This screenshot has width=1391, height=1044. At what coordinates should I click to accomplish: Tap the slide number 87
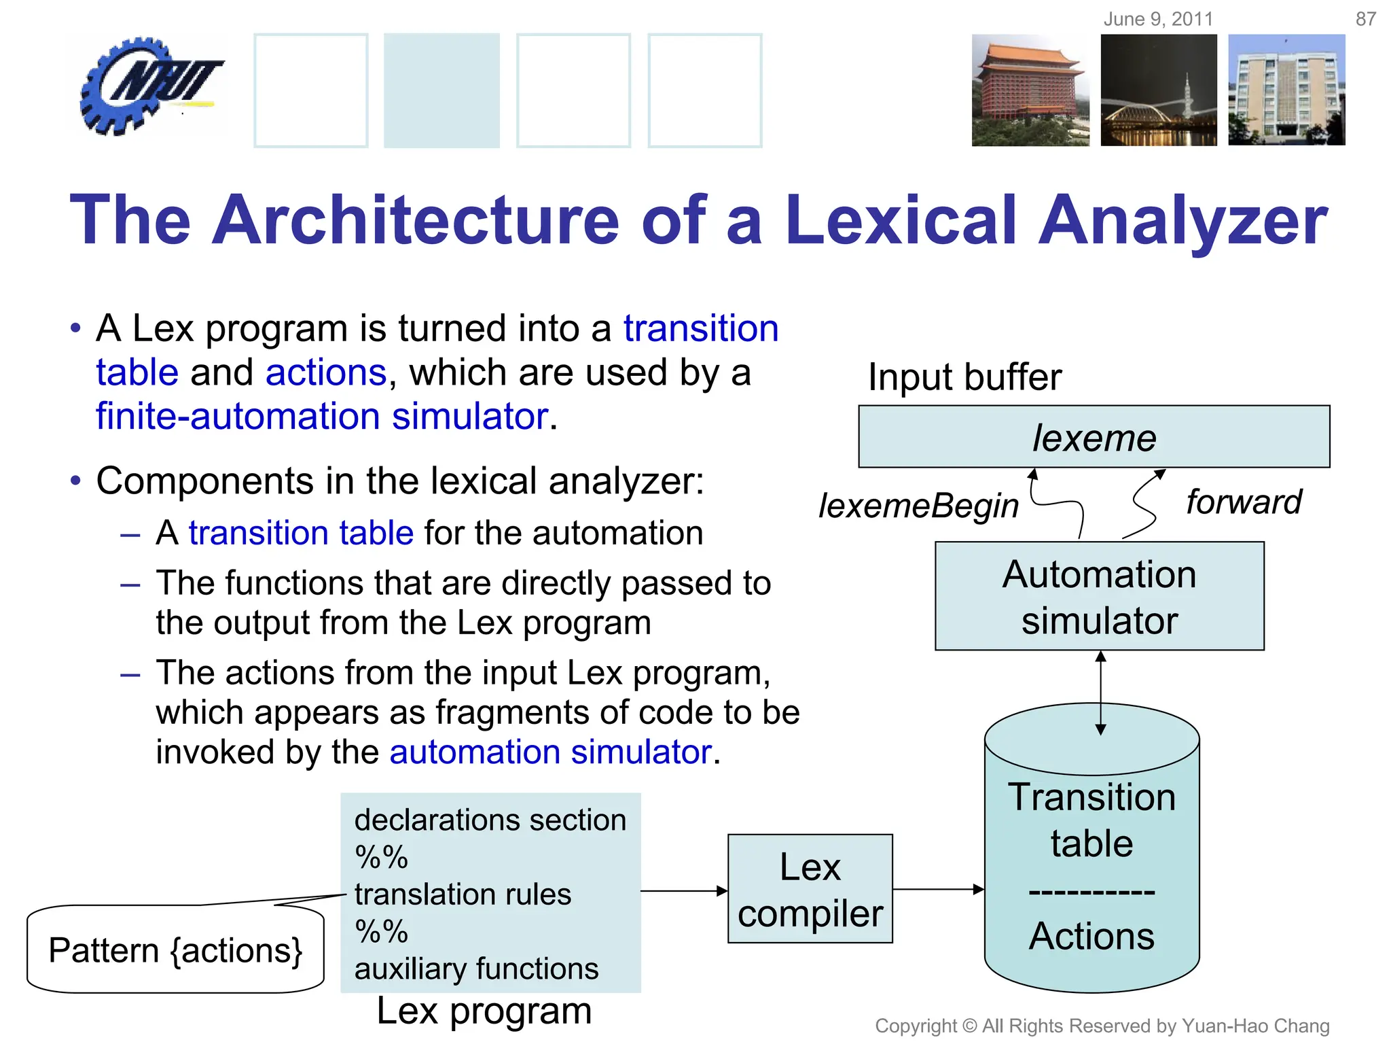[x=1365, y=19]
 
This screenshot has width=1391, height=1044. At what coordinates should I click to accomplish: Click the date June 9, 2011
[x=1158, y=19]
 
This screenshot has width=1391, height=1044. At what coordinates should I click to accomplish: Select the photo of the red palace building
[x=1030, y=90]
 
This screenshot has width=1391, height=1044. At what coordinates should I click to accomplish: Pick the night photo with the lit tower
[x=1159, y=90]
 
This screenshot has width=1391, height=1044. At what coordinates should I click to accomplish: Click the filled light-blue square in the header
[x=441, y=90]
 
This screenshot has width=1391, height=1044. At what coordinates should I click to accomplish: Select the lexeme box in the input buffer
[x=1094, y=437]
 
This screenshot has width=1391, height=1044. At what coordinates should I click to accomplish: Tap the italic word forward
[x=1243, y=502]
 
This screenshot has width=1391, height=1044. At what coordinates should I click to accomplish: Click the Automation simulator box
[x=1099, y=596]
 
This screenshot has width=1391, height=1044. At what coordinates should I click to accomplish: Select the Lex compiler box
[x=810, y=889]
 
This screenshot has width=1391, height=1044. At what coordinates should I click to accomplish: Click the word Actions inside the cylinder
[x=1091, y=936]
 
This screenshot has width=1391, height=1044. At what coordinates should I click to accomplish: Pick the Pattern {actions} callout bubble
[x=175, y=950]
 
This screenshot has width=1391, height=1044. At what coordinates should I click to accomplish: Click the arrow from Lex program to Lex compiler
[x=683, y=890]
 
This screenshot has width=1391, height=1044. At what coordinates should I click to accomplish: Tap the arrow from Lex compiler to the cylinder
[x=938, y=889]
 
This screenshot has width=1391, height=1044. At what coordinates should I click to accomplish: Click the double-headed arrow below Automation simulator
[x=1100, y=693]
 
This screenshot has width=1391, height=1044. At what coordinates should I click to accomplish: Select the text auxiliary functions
[x=476, y=969]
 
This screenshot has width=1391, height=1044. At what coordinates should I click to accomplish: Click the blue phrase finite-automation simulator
[x=322, y=416]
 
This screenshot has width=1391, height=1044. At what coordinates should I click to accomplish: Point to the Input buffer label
[x=964, y=377]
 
